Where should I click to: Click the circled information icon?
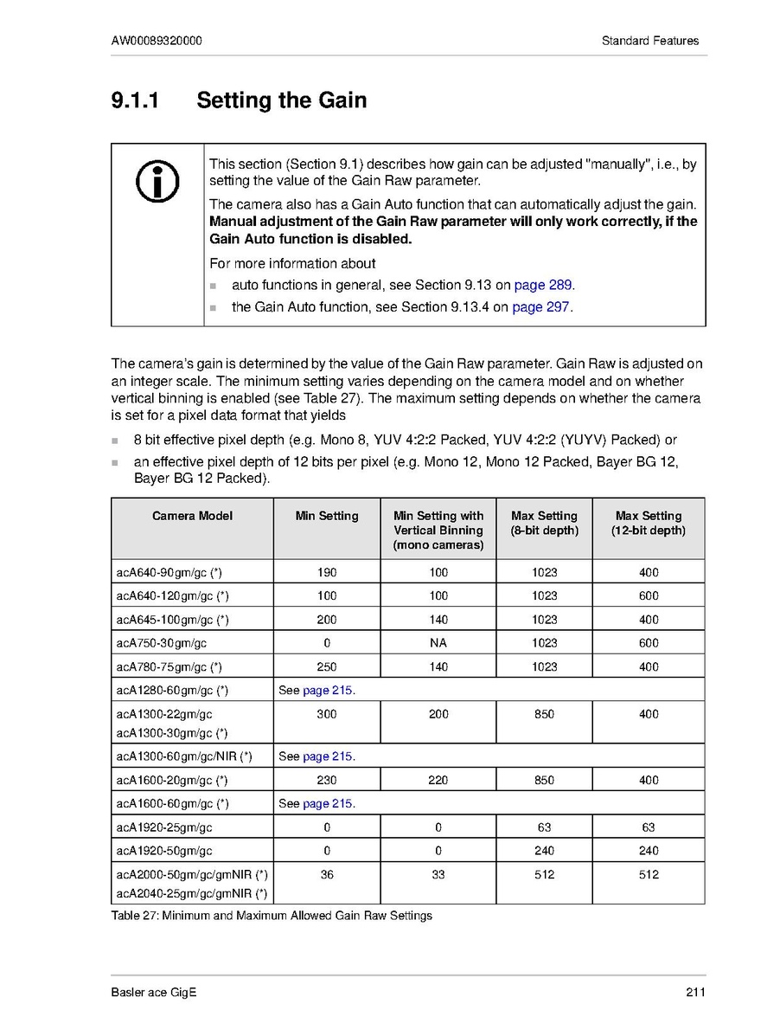pyautogui.click(x=158, y=183)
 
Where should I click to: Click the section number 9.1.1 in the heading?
pyautogui.click(x=135, y=100)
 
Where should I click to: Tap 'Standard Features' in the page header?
pyautogui.click(x=650, y=41)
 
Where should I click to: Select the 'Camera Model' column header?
pyautogui.click(x=192, y=516)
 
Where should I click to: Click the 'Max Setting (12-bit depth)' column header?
pyautogui.click(x=649, y=523)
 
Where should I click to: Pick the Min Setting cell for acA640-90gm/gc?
pyautogui.click(x=327, y=572)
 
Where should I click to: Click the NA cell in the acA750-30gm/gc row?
pyautogui.click(x=438, y=643)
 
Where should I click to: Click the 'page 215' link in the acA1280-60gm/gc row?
pyautogui.click(x=329, y=691)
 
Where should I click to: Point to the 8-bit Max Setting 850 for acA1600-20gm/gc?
pyautogui.click(x=544, y=780)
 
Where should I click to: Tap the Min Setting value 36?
pyautogui.click(x=327, y=875)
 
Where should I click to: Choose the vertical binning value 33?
pyautogui.click(x=438, y=875)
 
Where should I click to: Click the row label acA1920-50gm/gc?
pyautogui.click(x=164, y=851)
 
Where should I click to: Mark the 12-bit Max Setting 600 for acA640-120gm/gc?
pyautogui.click(x=649, y=595)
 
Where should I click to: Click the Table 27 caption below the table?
pyautogui.click(x=272, y=916)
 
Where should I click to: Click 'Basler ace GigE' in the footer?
pyautogui.click(x=154, y=993)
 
